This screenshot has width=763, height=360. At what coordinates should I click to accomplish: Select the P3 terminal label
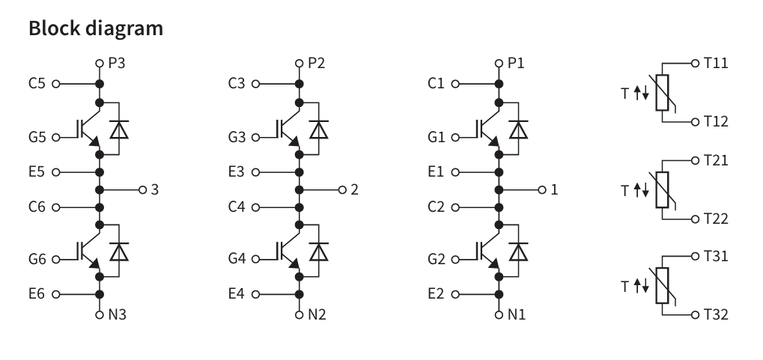116,63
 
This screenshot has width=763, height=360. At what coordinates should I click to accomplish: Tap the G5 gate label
37,137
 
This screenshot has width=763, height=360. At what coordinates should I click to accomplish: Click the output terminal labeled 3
154,189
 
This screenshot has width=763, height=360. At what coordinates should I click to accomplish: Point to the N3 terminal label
117,314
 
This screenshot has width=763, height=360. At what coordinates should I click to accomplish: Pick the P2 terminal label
317,63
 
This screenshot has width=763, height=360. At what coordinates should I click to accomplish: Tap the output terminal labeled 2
354,189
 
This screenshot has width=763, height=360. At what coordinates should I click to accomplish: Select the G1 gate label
437,137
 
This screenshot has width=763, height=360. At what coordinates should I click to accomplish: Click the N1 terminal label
517,314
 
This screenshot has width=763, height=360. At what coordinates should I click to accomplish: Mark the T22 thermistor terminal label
717,219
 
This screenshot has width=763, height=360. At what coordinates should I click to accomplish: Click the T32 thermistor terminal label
717,314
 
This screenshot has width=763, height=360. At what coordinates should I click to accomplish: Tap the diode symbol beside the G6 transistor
118,251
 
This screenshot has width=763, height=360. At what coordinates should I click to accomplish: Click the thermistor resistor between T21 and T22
661,189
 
